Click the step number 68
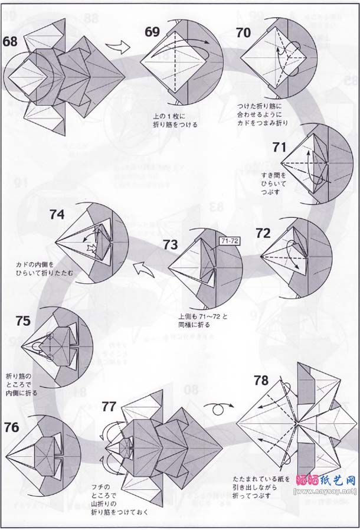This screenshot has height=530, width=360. click(x=10, y=41)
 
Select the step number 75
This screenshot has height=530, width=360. click(x=24, y=321)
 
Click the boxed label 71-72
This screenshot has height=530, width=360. click(x=229, y=241)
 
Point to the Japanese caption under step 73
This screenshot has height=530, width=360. click(x=202, y=320)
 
